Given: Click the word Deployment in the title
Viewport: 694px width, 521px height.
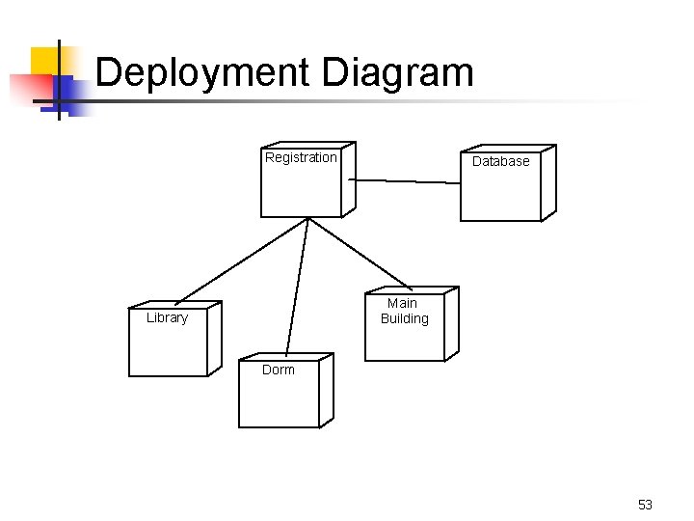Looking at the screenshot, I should [x=204, y=73].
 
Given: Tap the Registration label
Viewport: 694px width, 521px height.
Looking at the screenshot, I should [x=301, y=157].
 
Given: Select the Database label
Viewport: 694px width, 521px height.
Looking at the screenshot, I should [x=500, y=161].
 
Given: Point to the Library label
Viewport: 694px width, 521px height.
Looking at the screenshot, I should [x=167, y=317].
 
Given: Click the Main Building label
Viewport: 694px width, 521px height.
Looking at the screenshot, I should [x=404, y=311].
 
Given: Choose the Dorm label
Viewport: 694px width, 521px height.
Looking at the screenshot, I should [x=279, y=370].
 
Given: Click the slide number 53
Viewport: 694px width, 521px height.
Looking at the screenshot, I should [x=645, y=505].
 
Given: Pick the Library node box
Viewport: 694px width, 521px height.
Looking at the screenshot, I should [x=169, y=347].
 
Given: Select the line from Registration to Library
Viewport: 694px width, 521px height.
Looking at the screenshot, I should [x=241, y=260].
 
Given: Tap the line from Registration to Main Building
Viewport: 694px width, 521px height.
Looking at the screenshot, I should [x=359, y=253].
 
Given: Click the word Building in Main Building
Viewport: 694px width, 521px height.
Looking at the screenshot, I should [x=404, y=318].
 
